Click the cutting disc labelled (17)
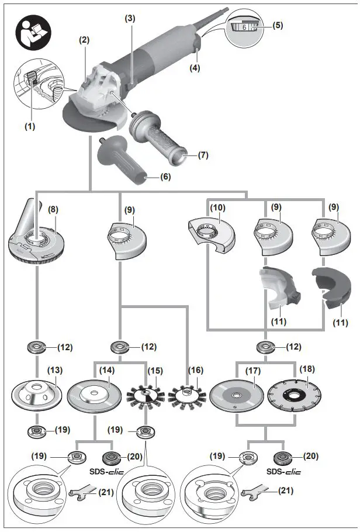[x=236, y=394]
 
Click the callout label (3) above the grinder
[x=129, y=18]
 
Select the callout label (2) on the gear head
[x=85, y=40]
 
